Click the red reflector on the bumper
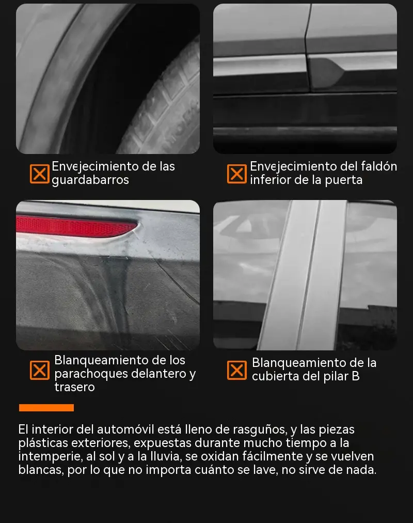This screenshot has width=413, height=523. tap(75, 226)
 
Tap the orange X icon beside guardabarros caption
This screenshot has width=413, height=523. tap(39, 174)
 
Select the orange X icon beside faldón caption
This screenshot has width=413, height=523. tap(237, 174)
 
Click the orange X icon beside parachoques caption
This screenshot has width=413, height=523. tap(39, 370)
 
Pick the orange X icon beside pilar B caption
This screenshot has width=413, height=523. tap(237, 370)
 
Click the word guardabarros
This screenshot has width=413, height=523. tap(90, 180)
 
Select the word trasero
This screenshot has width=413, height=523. tap(75, 387)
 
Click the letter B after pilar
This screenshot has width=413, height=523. tap(355, 376)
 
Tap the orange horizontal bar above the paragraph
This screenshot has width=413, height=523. tap(46, 408)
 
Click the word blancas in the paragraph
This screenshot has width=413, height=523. tap(41, 470)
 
